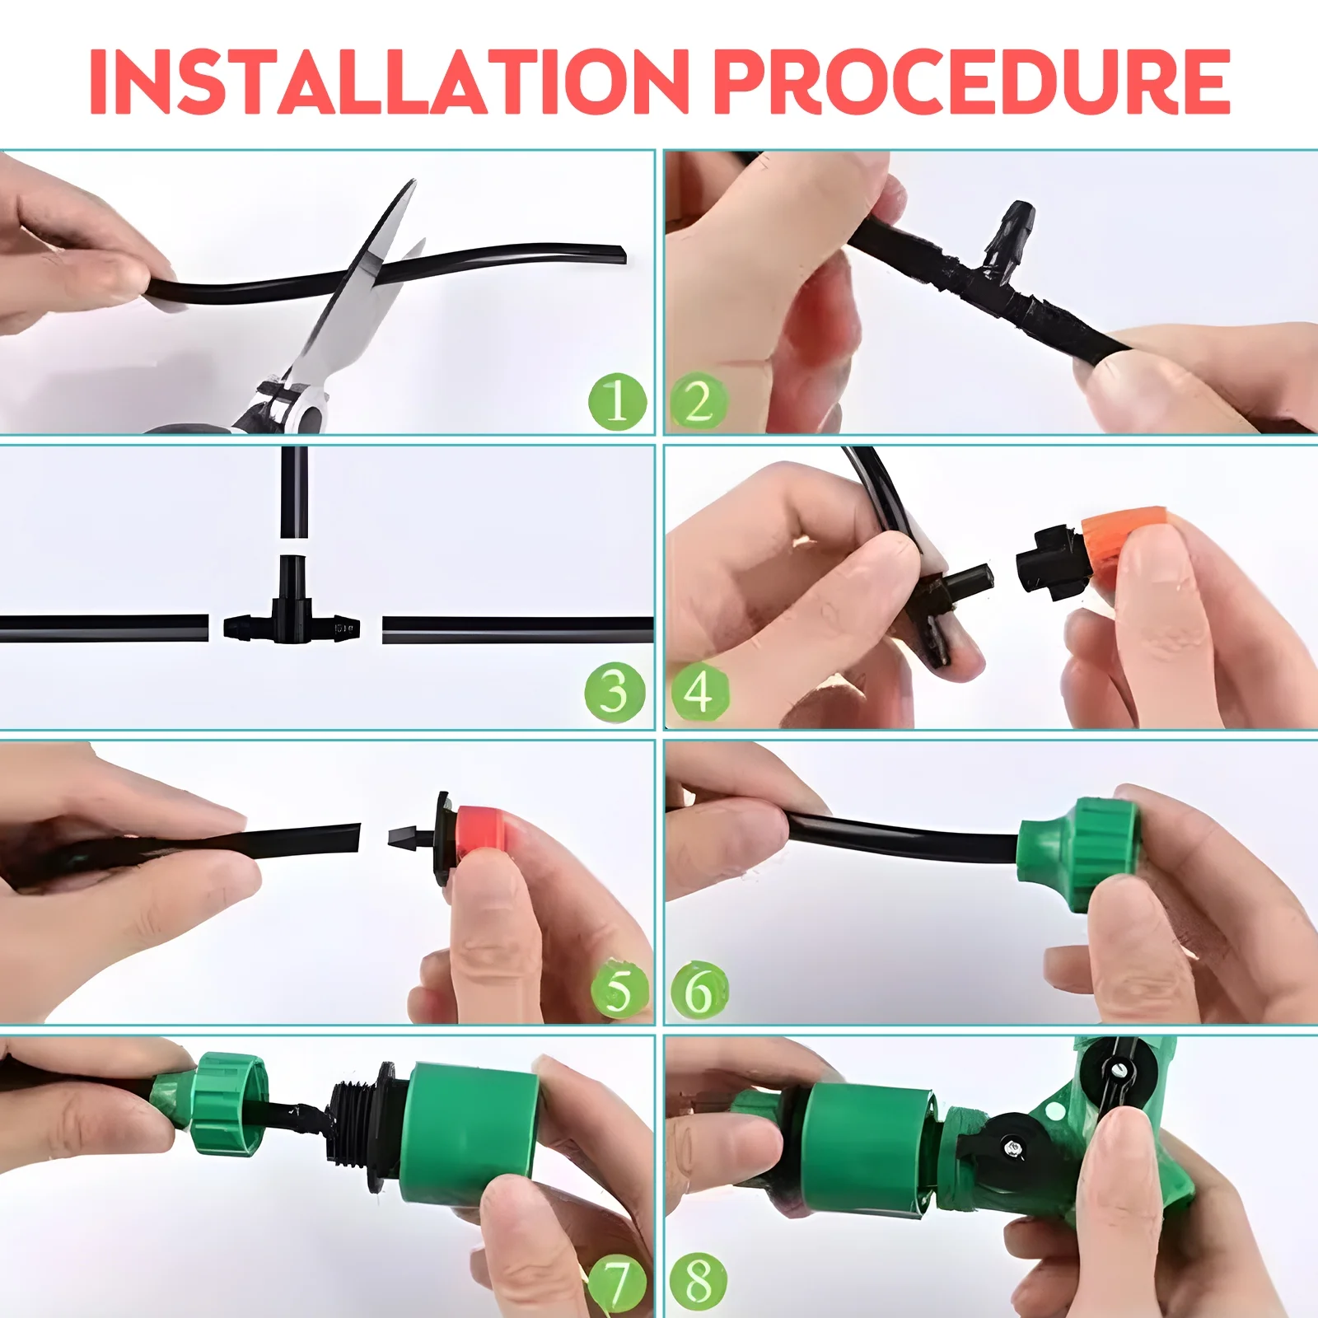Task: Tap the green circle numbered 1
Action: pyautogui.click(x=617, y=402)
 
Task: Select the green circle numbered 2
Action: pyautogui.click(x=698, y=402)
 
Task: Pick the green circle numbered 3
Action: pyautogui.click(x=615, y=692)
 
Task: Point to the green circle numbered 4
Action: pyautogui.click(x=699, y=692)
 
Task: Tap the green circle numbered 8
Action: pyautogui.click(x=698, y=1280)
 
